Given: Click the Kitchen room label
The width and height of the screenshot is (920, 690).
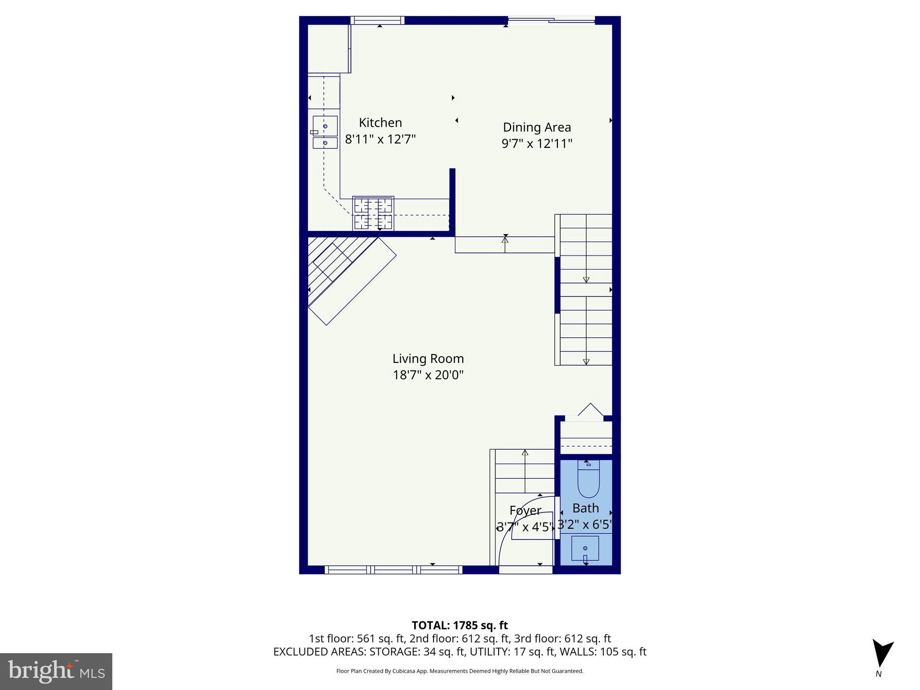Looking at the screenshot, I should click(x=380, y=123).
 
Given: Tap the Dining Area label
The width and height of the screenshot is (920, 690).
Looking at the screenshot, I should click(x=537, y=128).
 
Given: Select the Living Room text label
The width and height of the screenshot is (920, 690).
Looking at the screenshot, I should click(x=428, y=359).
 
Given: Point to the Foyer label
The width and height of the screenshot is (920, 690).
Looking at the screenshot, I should click(x=525, y=511).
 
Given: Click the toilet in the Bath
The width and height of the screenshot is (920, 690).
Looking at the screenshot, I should click(x=588, y=480).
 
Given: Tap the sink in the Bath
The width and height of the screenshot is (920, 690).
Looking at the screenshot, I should click(x=585, y=548).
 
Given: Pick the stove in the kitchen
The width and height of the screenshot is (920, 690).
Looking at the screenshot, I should click(x=373, y=213).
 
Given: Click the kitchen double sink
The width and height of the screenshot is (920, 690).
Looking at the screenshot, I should click(x=325, y=132).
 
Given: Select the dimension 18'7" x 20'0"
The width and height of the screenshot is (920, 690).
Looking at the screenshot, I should click(x=428, y=375).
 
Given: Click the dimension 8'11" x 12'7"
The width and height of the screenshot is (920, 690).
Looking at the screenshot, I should click(x=380, y=139).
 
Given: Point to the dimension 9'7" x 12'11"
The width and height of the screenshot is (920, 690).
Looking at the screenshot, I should click(x=537, y=144).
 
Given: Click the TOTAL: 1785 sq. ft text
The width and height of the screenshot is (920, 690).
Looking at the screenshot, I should click(x=460, y=625).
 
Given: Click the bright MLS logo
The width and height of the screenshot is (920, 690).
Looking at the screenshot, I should click(x=56, y=671).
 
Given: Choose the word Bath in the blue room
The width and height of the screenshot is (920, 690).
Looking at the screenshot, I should click(x=585, y=509).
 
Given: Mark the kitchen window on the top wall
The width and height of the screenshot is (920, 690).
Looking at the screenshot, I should click(x=377, y=20).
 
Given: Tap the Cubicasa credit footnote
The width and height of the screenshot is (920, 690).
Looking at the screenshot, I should click(x=460, y=671).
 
